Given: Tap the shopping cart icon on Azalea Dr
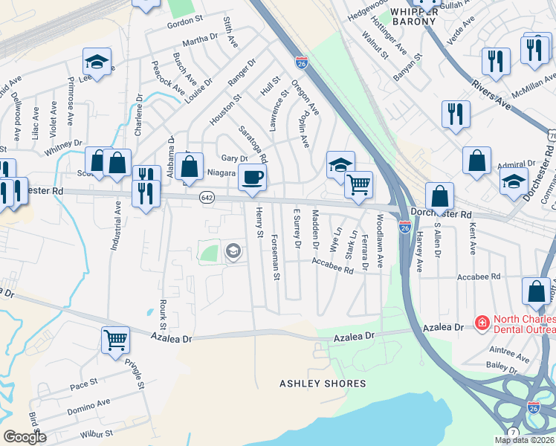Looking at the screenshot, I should click(115, 340).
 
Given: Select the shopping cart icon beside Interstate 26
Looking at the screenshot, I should click(358, 184).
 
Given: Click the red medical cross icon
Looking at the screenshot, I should click(482, 323).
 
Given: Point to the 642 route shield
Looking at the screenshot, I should click(207, 198).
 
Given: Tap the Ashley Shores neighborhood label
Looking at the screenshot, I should click(323, 384).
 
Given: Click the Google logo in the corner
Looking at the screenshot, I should click(25, 437).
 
